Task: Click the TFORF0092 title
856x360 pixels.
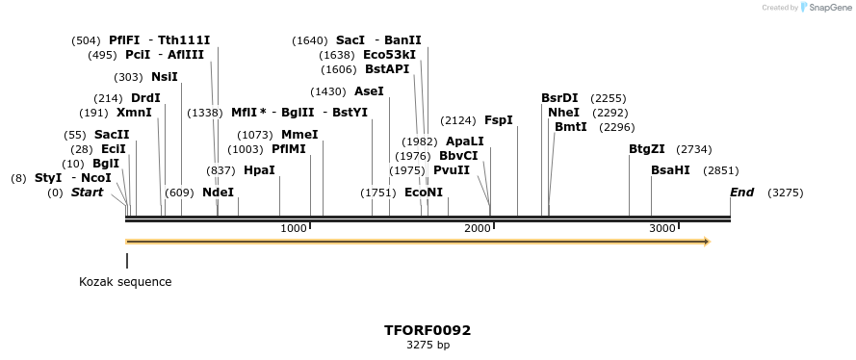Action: (428, 330)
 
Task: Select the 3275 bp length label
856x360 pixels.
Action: (428, 345)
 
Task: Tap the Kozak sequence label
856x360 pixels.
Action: (125, 282)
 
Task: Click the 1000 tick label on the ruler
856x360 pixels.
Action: (293, 228)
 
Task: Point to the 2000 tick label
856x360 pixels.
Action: (477, 228)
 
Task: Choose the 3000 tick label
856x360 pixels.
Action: (661, 228)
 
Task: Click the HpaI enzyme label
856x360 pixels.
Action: (259, 170)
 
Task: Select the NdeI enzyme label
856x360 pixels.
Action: (218, 193)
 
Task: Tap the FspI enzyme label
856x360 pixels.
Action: (498, 120)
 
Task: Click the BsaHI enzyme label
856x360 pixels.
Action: (670, 170)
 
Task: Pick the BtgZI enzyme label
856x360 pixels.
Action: (646, 149)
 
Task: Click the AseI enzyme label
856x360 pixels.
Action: (369, 91)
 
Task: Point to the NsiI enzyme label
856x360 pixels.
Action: (164, 77)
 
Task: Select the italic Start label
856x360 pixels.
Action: (87, 193)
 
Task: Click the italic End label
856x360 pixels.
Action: (741, 193)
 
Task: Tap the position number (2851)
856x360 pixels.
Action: (721, 170)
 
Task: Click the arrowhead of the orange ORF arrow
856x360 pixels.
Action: (706, 242)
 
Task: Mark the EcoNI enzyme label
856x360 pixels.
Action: (424, 193)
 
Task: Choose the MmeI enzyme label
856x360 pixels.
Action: (298, 135)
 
